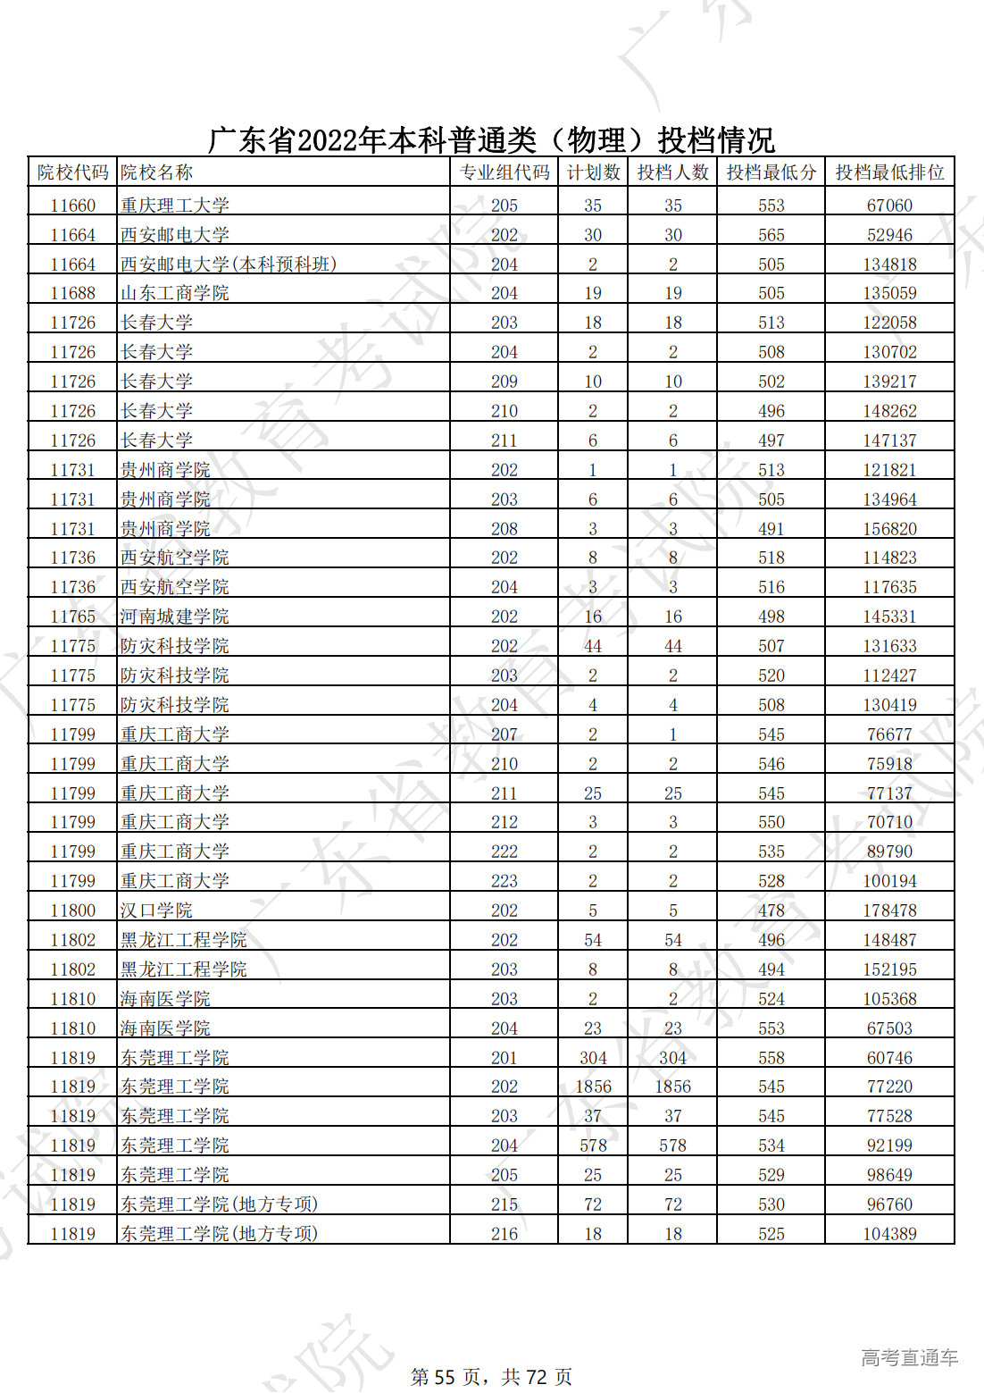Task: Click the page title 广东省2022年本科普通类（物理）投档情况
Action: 491,140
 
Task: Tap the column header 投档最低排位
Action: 889,172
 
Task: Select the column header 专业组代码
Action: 505,172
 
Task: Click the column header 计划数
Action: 593,172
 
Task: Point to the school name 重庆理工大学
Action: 175,206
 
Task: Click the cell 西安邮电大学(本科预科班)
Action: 229,264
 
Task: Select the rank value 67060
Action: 889,206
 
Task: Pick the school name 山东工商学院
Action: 175,293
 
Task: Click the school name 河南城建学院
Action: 175,617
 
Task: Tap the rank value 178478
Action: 889,910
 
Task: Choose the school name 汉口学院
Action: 156,910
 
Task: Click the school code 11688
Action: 72,293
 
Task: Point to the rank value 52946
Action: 889,235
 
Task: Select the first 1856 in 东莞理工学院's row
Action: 593,1087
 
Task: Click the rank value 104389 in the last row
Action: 889,1234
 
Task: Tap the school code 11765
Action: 72,617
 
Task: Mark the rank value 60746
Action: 889,1058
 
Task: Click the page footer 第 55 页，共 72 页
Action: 491,1377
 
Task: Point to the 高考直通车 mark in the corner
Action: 909,1358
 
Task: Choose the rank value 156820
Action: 889,529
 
